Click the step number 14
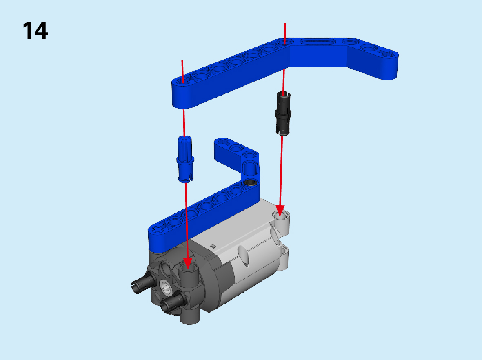pyautogui.click(x=36, y=31)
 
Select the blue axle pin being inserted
pyautogui.click(x=185, y=159)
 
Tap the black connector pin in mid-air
pyautogui.click(x=283, y=113)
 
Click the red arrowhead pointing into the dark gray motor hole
pyautogui.click(x=187, y=264)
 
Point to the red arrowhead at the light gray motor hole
pyautogui.click(x=280, y=211)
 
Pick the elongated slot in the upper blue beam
pyautogui.click(x=316, y=42)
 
